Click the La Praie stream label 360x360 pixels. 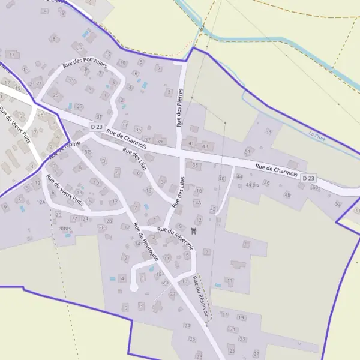click(316, 134)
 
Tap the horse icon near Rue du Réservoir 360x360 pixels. click(193, 229)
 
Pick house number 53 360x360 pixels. click(268, 131)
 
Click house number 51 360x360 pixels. click(247, 151)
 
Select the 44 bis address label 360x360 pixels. click(252, 185)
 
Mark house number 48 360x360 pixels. click(287, 194)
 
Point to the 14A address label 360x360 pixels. click(197, 203)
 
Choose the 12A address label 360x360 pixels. click(41, 203)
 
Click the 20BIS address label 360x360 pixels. click(65, 229)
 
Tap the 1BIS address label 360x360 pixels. click(88, 152)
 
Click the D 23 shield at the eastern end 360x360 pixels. click(308, 178)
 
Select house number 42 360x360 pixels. click(212, 208)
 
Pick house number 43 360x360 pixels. click(206, 146)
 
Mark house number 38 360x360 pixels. click(195, 165)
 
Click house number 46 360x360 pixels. click(266, 182)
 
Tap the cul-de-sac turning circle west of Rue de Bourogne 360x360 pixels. click(134, 288)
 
